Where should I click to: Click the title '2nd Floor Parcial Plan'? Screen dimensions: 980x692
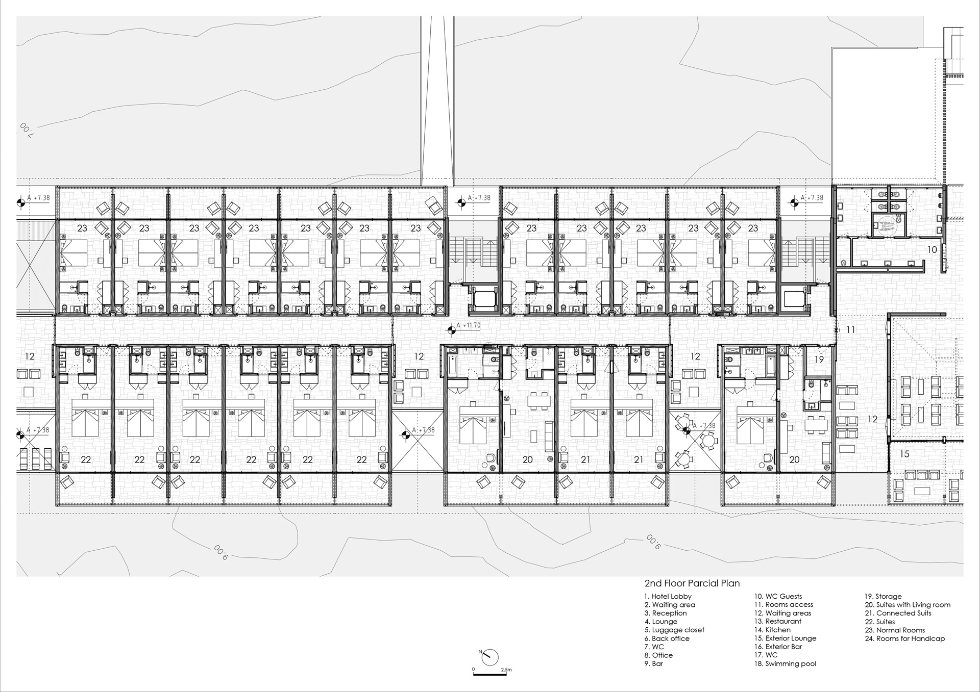click(x=692, y=583)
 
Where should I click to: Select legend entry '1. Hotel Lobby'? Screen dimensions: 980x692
click(x=668, y=596)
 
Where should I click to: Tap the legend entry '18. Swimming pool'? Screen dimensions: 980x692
click(x=785, y=663)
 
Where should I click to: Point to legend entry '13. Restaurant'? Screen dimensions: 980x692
click(x=778, y=621)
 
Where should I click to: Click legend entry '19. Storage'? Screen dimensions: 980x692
click(x=883, y=596)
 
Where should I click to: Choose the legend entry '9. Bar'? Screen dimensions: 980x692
click(x=653, y=663)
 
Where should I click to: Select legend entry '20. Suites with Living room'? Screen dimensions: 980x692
click(x=908, y=605)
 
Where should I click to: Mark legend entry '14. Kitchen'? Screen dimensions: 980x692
click(x=772, y=630)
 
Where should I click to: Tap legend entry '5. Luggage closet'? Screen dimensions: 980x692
click(x=674, y=630)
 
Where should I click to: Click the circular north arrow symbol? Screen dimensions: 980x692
click(x=489, y=657)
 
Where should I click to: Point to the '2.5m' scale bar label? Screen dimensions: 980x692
click(x=506, y=670)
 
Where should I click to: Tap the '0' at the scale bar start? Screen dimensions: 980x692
click(x=474, y=670)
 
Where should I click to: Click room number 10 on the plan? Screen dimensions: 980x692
click(x=932, y=250)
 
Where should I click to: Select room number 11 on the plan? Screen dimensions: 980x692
click(x=850, y=330)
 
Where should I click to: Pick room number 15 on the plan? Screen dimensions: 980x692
click(x=904, y=454)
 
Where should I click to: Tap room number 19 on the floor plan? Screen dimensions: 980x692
click(x=819, y=360)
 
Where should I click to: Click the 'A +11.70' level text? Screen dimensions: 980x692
click(x=468, y=325)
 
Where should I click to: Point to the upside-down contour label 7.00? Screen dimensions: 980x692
click(x=26, y=130)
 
